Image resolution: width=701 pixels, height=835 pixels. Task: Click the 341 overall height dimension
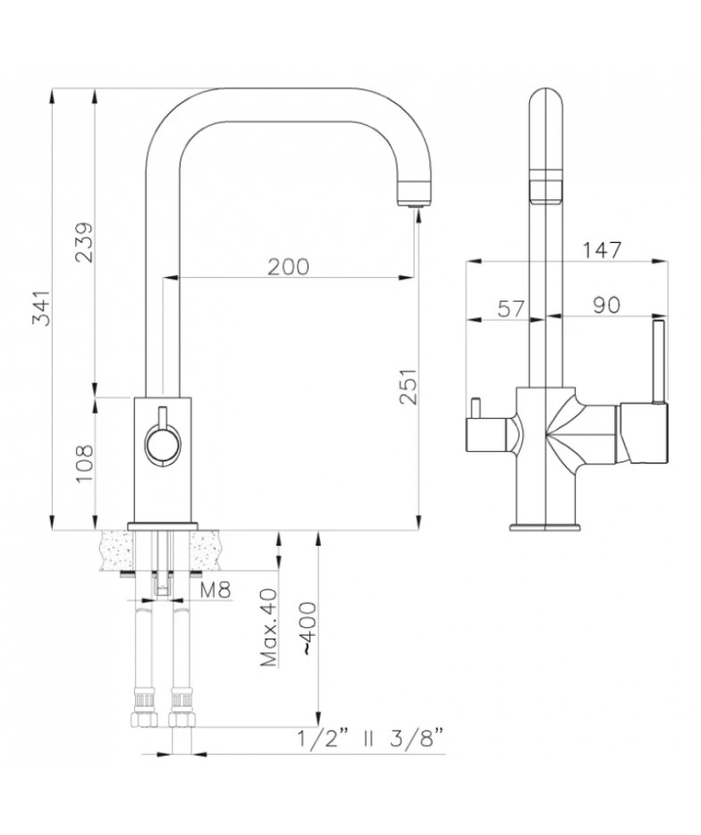tap(41, 308)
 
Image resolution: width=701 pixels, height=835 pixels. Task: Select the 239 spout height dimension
tap(84, 242)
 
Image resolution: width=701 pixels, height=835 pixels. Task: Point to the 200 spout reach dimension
tap(288, 267)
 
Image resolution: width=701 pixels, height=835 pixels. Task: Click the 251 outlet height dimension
tap(408, 387)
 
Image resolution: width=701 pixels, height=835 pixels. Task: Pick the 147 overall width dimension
tap(602, 250)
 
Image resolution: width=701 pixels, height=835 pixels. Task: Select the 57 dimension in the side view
tap(511, 308)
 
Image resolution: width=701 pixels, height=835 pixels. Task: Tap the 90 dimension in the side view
tap(606, 305)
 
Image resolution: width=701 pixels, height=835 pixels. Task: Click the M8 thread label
tap(215, 590)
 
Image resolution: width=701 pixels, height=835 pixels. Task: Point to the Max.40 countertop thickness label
tap(269, 628)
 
